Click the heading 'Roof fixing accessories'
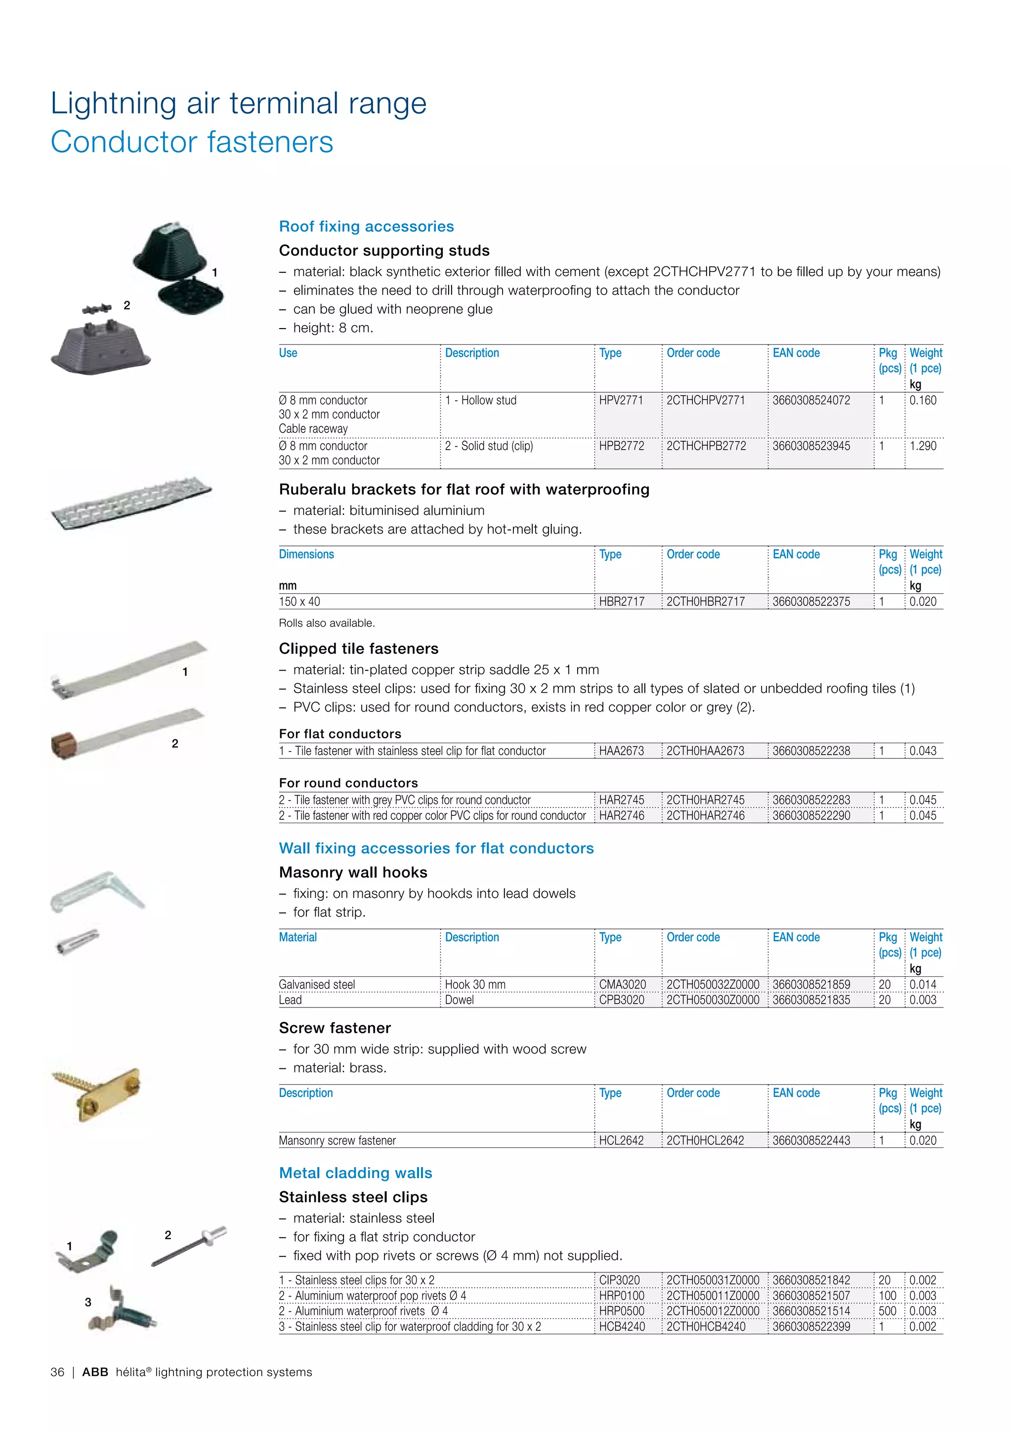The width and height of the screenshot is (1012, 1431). coord(367,226)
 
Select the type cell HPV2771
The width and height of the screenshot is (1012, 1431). coord(621,400)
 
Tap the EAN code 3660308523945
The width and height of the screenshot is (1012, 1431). coord(811,446)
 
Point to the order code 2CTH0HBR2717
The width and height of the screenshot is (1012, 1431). coord(706,601)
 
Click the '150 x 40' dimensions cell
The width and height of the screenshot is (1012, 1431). coord(300,601)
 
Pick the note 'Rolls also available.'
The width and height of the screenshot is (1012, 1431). coord(327,623)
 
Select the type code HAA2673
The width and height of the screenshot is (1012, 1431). coord(621,751)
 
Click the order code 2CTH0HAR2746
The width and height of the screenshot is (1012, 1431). coord(706,815)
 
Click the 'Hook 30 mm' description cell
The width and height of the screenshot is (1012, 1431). coord(475,984)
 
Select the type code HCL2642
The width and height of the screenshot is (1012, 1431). coord(621,1140)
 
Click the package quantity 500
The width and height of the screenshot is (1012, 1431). coord(887,1311)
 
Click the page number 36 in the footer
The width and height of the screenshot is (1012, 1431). coord(57,1372)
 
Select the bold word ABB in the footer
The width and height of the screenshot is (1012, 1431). coord(95,1372)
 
